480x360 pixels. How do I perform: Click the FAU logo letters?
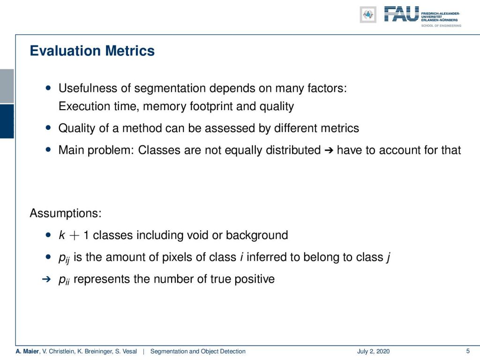(401, 14)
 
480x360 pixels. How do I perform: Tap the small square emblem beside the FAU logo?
(368, 15)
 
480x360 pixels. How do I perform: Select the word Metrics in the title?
(130, 51)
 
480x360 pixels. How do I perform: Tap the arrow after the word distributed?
(329, 150)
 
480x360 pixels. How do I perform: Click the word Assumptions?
(66, 213)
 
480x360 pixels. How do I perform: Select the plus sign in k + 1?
(75, 235)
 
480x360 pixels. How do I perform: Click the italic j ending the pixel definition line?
(388, 257)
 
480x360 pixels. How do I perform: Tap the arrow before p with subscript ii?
(46, 279)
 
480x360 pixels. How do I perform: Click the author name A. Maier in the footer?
(27, 352)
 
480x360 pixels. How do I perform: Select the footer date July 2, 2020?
(373, 352)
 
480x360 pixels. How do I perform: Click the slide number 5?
(468, 351)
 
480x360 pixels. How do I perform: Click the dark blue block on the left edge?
(7, 121)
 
